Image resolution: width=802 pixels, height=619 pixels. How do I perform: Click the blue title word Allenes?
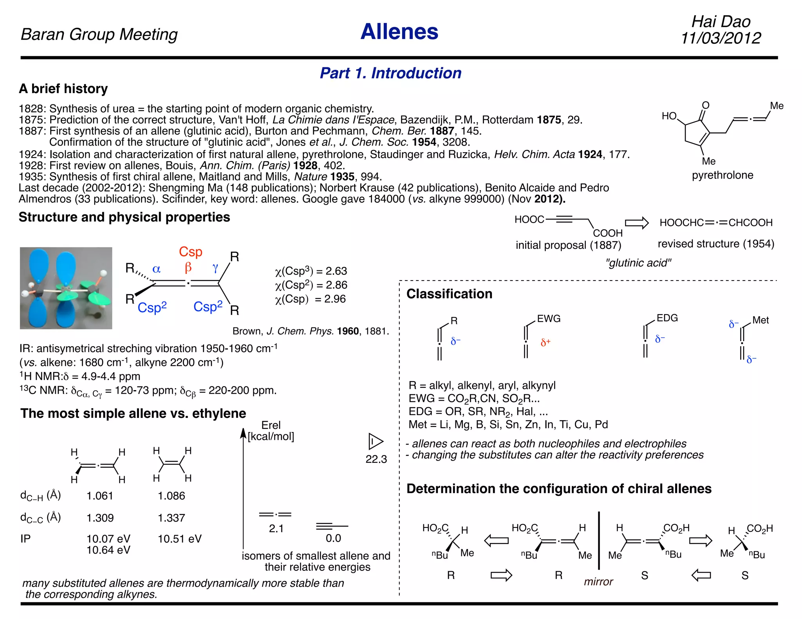(399, 32)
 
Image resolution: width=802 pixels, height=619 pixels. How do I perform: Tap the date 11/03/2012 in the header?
(721, 38)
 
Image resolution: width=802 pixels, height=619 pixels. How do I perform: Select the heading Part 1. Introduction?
(390, 73)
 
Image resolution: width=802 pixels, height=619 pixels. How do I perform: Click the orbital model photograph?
(66, 288)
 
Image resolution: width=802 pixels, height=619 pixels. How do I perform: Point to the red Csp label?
(190, 252)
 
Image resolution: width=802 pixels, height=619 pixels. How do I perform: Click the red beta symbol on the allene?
(188, 267)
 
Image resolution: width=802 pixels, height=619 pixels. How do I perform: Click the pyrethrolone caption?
(722, 175)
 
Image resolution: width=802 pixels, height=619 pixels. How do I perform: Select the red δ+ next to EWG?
(546, 343)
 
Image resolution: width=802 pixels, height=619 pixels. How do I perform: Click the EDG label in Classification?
(667, 318)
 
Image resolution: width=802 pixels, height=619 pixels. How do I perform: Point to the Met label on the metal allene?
(760, 320)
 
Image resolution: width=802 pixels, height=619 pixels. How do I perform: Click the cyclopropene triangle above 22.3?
(376, 441)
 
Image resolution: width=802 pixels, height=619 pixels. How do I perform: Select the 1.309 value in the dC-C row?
(100, 518)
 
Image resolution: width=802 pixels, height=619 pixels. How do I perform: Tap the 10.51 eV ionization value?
(179, 539)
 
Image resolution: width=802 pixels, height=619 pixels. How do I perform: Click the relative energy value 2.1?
(276, 529)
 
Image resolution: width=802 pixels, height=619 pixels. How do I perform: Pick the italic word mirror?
(598, 581)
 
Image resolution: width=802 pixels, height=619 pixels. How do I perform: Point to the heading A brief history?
(63, 89)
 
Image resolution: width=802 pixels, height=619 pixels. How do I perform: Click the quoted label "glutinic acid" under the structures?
(638, 263)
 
